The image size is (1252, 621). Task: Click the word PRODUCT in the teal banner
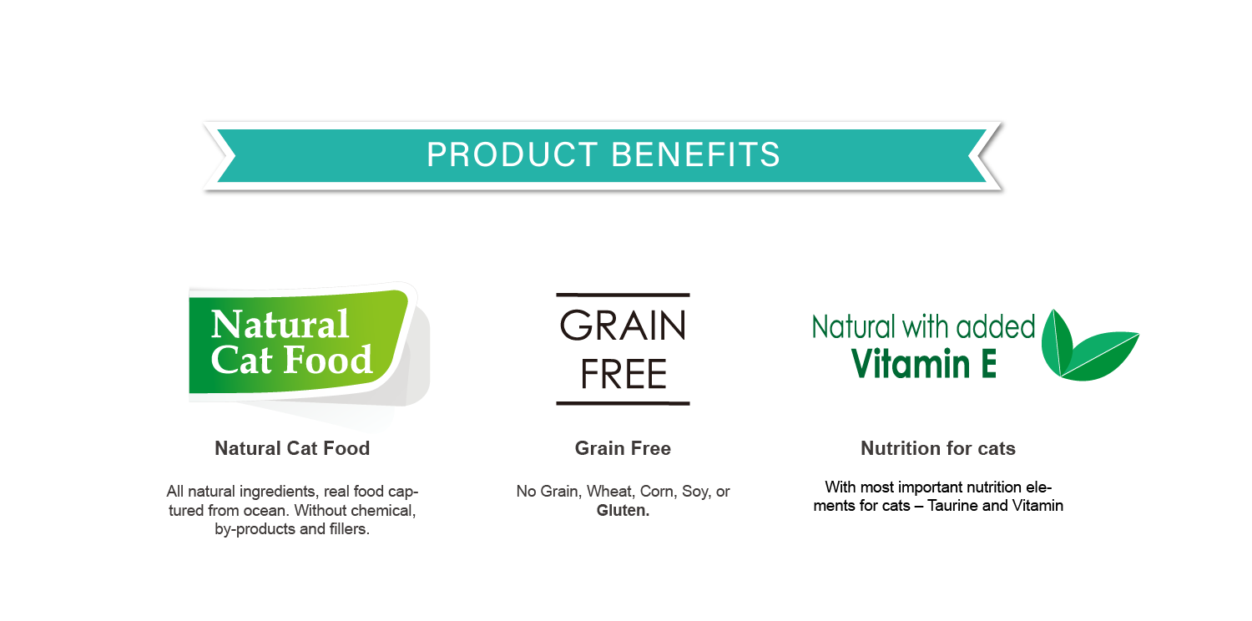click(x=512, y=154)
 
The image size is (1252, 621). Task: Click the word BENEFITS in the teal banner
click(x=695, y=154)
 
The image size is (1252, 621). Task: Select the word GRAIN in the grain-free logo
click(x=623, y=326)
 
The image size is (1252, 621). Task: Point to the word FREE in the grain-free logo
click(x=623, y=374)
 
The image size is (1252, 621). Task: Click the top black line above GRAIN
click(x=623, y=295)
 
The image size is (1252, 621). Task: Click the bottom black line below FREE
click(x=623, y=403)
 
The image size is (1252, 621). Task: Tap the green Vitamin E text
click(x=924, y=364)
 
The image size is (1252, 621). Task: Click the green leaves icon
click(x=1088, y=346)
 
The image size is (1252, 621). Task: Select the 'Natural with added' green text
click(x=923, y=327)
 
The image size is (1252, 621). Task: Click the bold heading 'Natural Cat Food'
click(x=292, y=448)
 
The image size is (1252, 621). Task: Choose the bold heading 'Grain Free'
click(x=623, y=448)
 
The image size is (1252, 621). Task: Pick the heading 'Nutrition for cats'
click(x=938, y=448)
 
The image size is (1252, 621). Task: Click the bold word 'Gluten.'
click(x=623, y=510)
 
